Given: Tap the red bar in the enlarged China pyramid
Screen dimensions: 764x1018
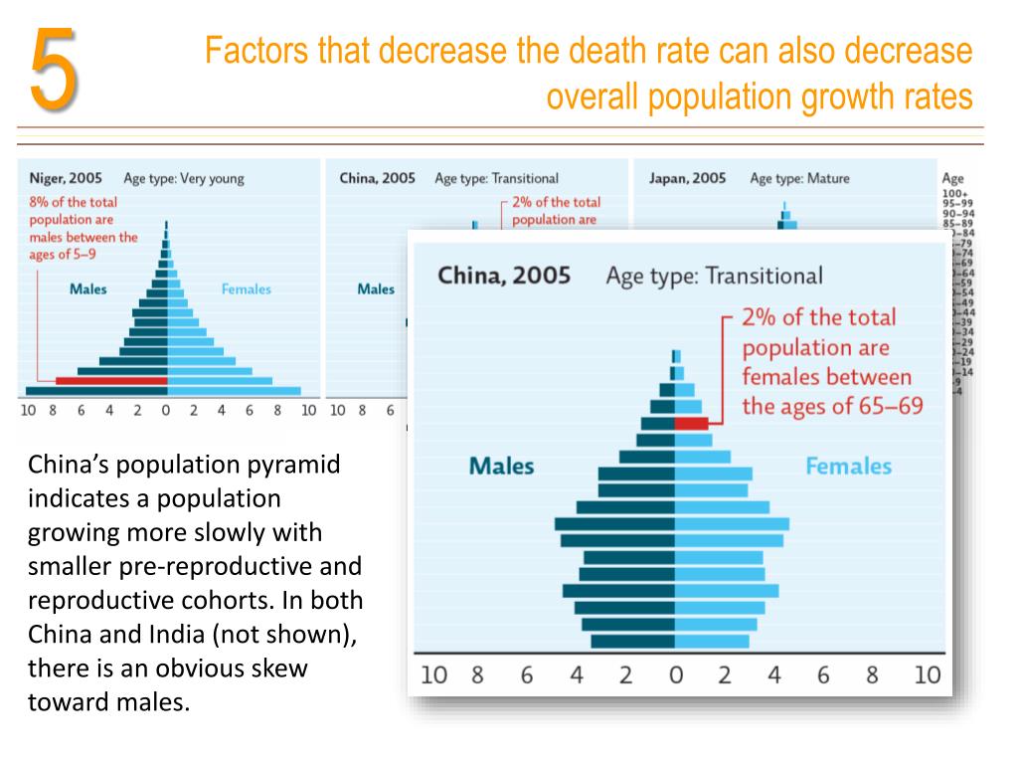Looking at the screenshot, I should [x=691, y=423].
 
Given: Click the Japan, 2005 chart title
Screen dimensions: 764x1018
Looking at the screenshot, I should [x=687, y=179].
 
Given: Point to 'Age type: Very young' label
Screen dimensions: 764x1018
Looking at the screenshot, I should [x=183, y=179].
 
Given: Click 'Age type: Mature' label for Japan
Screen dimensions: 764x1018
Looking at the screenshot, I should [x=799, y=179].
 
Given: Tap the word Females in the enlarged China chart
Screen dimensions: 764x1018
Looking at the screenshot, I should [x=848, y=466].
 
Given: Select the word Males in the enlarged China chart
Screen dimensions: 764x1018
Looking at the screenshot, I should [x=501, y=466].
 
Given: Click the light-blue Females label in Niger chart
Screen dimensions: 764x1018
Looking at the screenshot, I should [x=246, y=289].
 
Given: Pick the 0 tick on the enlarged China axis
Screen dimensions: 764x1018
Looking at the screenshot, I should [x=676, y=675].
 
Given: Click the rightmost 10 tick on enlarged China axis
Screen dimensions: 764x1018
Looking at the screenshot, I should [x=927, y=675].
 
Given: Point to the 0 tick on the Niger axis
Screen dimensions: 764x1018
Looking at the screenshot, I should [x=166, y=409].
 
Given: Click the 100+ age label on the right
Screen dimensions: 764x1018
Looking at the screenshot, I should [x=953, y=194].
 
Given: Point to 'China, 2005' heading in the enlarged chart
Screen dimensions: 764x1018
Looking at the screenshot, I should [x=504, y=275].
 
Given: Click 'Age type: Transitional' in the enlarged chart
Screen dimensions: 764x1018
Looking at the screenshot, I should [x=714, y=275].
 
